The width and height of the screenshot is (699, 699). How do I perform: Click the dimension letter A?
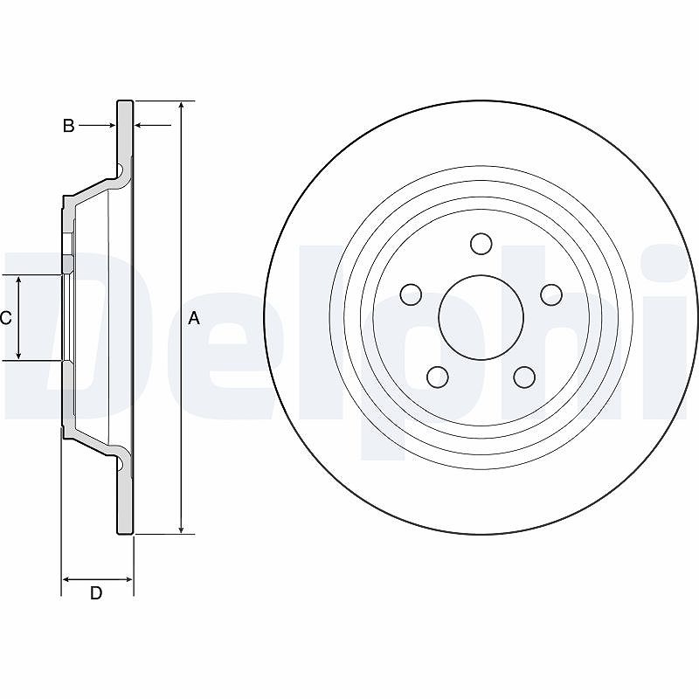[194, 318]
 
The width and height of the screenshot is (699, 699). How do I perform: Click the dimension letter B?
[68, 126]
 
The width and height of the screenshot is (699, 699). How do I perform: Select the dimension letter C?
[6, 318]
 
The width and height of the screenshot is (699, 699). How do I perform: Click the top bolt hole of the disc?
[481, 244]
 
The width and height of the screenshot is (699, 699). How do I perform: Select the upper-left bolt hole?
[411, 294]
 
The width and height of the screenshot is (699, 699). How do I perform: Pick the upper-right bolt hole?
[551, 294]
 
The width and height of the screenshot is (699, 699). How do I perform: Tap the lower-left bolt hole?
[438, 377]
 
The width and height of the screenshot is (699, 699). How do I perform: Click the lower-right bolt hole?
[524, 377]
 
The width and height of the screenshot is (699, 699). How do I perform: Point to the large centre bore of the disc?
[481, 317]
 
